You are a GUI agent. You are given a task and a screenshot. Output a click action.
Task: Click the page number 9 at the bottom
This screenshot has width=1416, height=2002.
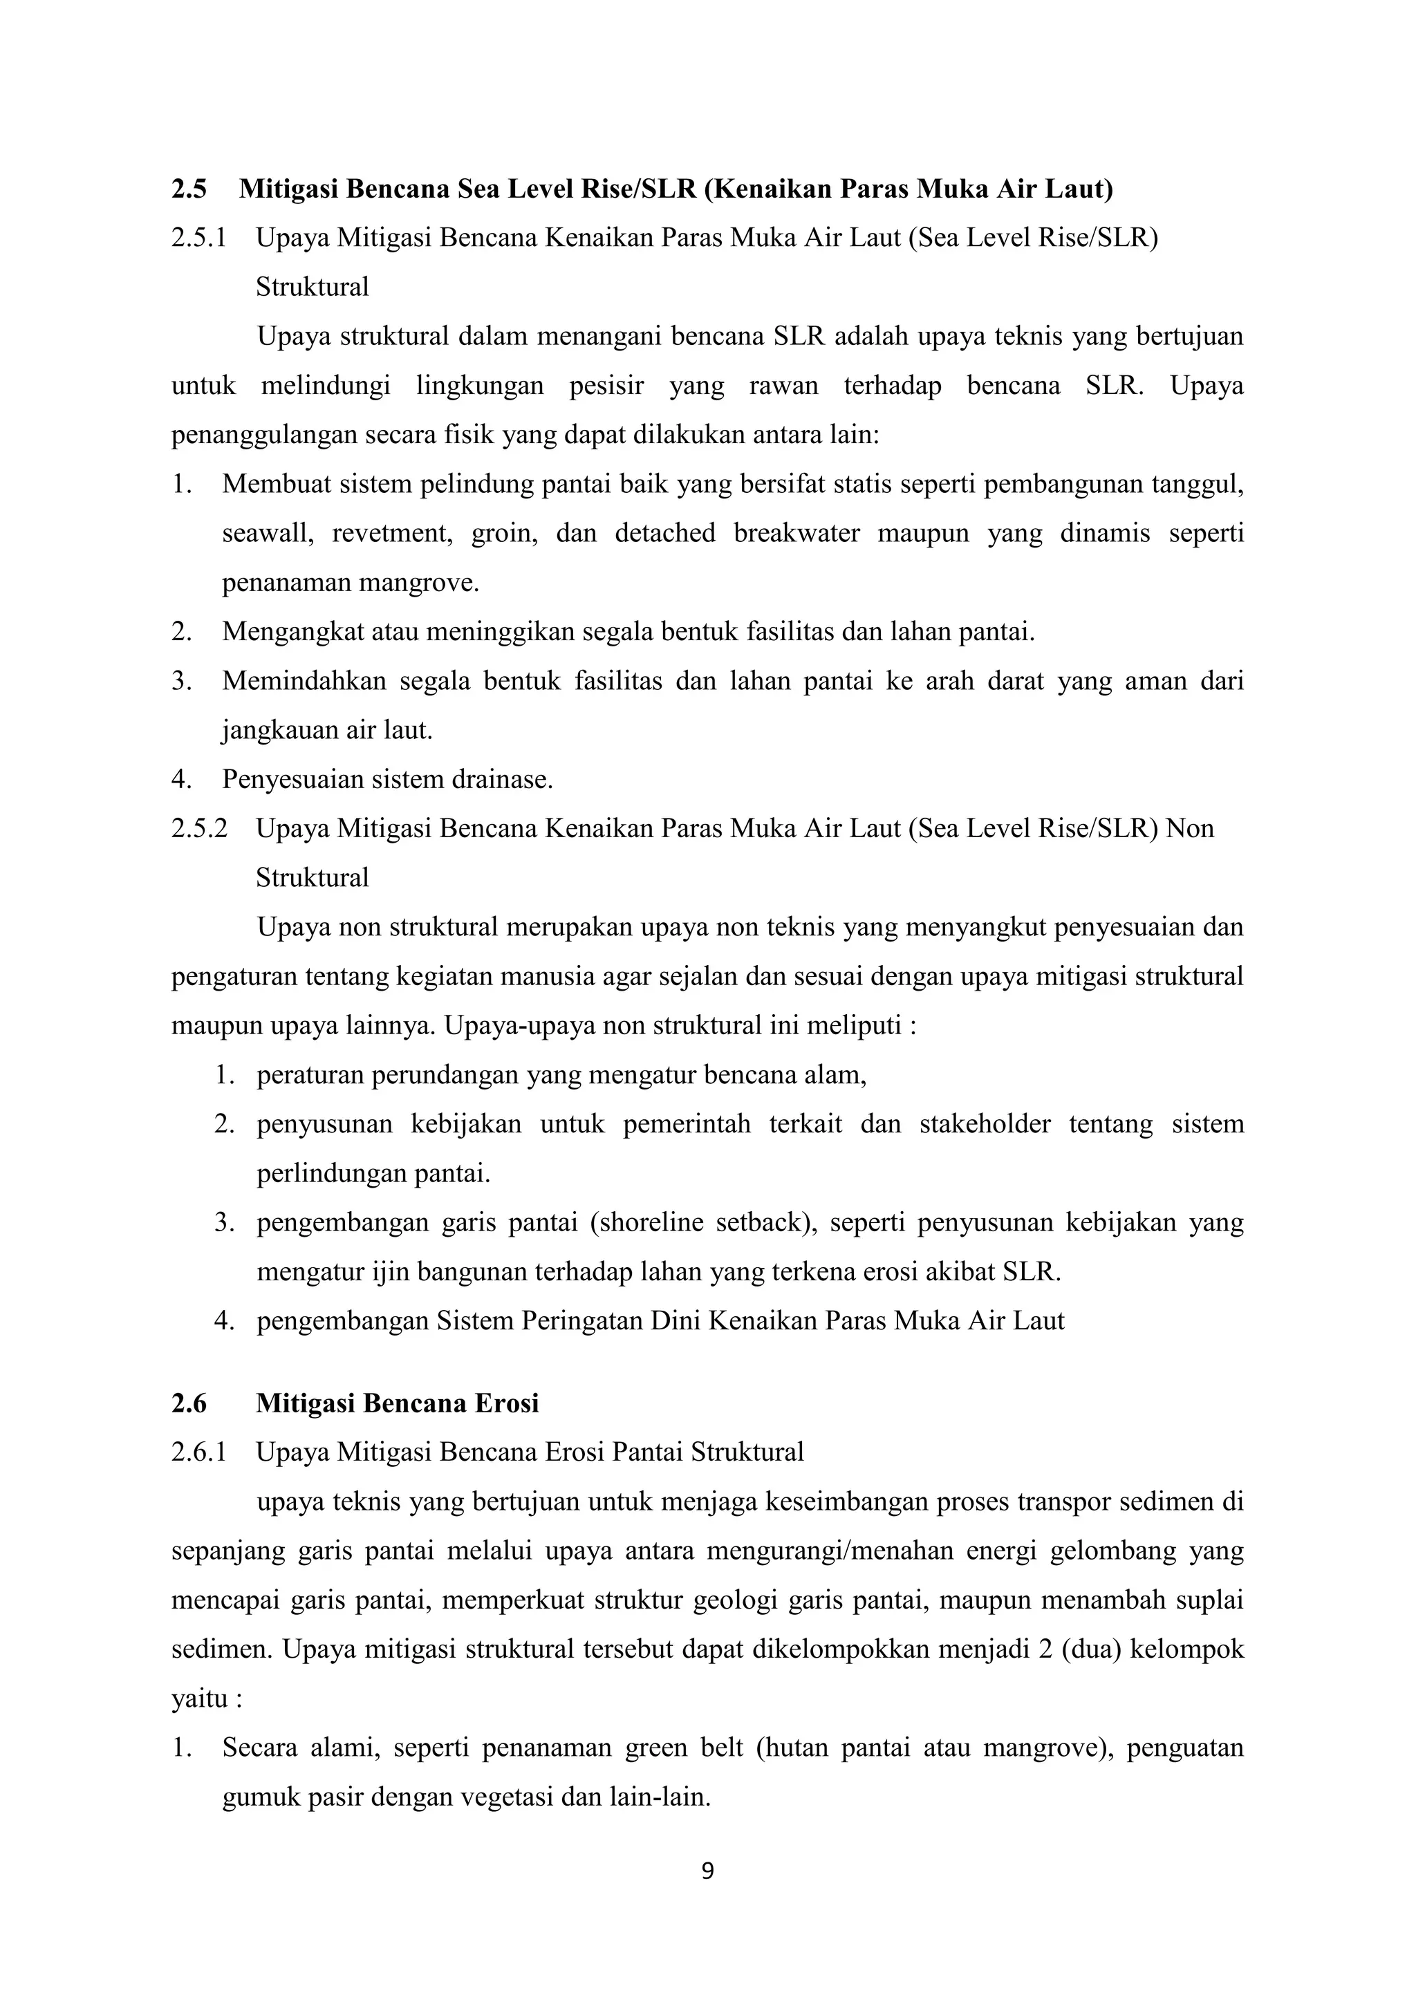pos(707,1871)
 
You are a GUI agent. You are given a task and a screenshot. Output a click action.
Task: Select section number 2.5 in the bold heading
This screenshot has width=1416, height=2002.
pos(189,189)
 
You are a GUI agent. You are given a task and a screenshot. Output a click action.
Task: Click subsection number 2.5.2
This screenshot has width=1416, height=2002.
pos(199,827)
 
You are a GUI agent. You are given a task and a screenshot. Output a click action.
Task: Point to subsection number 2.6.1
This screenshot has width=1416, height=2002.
pos(199,1452)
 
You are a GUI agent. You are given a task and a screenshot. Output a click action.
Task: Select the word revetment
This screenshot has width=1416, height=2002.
pos(391,533)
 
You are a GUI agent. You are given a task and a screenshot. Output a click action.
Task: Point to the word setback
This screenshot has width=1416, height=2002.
pos(765,1222)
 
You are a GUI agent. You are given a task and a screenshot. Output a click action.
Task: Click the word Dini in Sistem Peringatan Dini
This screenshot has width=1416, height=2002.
pos(675,1321)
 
